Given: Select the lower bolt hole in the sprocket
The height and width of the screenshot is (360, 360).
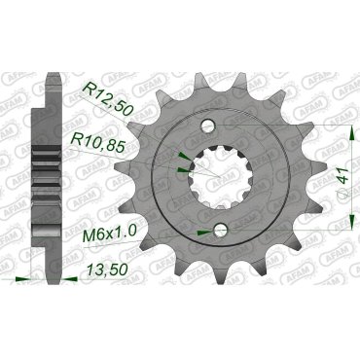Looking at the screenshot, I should click(x=223, y=230).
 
